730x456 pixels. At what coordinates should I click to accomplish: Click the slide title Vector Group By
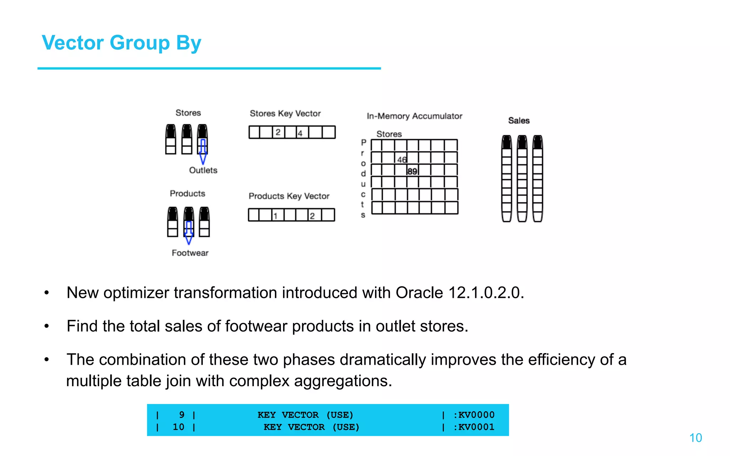[122, 43]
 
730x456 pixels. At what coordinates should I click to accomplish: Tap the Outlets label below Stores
[203, 170]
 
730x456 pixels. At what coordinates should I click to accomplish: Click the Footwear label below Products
[190, 253]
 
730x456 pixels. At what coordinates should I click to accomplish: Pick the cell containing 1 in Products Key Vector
[276, 216]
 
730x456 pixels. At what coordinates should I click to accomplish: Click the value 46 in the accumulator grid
[402, 160]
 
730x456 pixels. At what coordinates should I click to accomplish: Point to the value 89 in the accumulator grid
[412, 171]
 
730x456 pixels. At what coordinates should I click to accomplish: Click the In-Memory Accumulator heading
[414, 116]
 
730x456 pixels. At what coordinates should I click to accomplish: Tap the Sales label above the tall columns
[519, 121]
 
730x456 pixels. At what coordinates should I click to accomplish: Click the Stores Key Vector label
[285, 114]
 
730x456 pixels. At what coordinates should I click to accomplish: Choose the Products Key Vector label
[289, 196]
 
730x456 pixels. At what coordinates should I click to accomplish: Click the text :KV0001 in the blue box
[474, 427]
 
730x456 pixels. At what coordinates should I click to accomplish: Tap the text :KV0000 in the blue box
[474, 415]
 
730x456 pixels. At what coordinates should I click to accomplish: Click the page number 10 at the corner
[695, 438]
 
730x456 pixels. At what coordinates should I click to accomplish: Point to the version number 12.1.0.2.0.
[486, 293]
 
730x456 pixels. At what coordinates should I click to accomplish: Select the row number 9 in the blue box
[182, 415]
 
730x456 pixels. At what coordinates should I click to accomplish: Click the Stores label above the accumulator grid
[389, 134]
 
